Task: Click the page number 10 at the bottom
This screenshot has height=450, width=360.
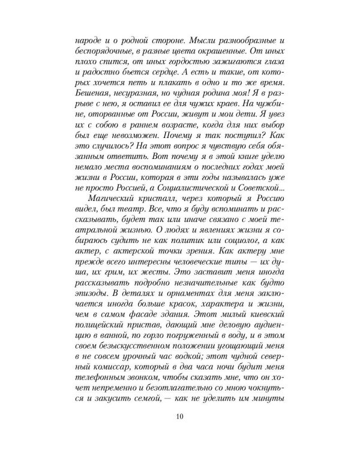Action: [x=180, y=418]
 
